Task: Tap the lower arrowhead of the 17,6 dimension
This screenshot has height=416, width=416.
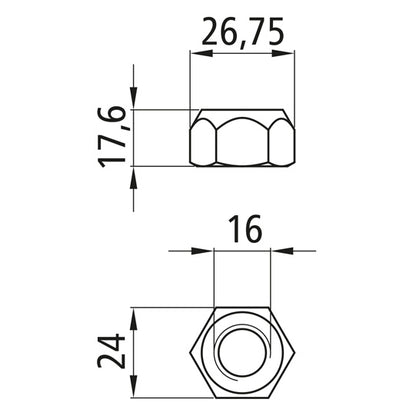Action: click(134, 175)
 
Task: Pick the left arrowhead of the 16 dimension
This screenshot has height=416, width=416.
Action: click(209, 250)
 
